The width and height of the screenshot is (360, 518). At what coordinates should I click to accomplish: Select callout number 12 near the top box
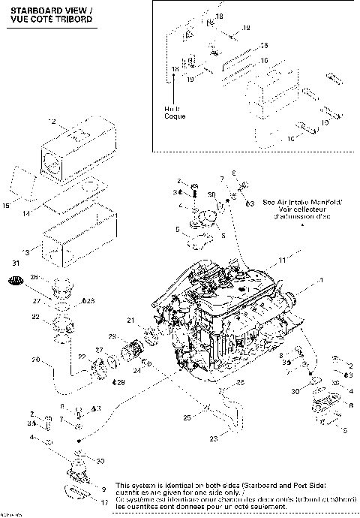[x=52, y=122]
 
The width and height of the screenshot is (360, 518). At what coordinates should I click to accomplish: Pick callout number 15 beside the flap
[x=7, y=205]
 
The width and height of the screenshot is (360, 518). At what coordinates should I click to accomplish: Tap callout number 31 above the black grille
[x=15, y=261]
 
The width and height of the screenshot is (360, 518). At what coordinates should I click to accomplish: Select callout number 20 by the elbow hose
[x=35, y=360]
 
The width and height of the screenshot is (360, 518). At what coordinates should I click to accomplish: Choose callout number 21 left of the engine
[x=130, y=321]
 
